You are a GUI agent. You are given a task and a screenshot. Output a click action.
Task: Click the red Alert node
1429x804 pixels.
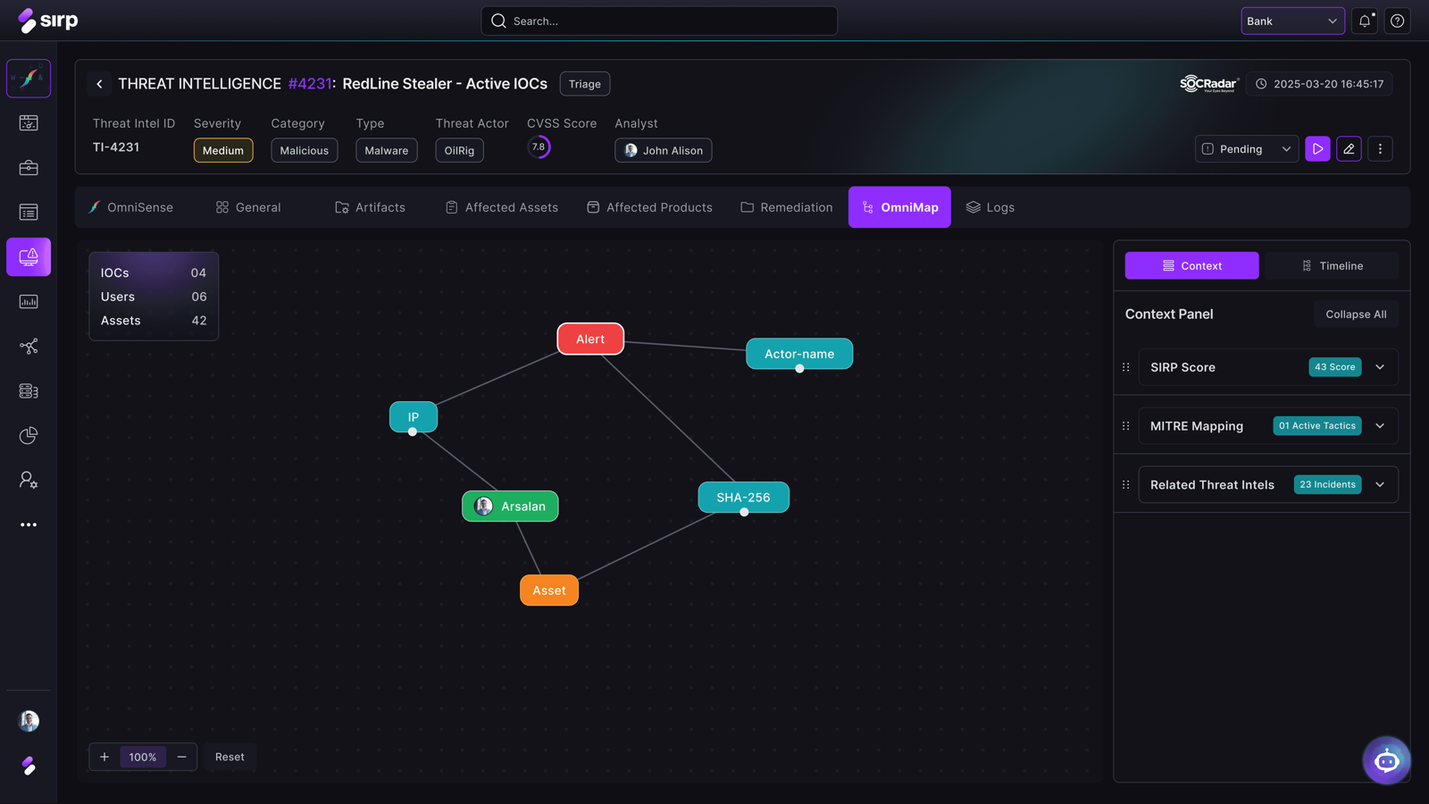pyautogui.click(x=590, y=339)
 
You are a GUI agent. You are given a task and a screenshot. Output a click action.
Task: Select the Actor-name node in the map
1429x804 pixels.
pyautogui.click(x=799, y=354)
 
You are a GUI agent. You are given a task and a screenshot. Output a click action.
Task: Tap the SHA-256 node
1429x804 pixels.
pyautogui.click(x=743, y=497)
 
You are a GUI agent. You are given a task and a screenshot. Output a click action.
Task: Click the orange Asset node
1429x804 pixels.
pyautogui.click(x=549, y=590)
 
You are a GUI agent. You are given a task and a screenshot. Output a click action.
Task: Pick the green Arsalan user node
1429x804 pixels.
pyautogui.click(x=510, y=506)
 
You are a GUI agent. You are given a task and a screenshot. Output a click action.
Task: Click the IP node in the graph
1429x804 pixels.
pyautogui.click(x=414, y=416)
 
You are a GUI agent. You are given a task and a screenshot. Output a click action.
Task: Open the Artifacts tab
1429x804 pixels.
pyautogui.click(x=370, y=207)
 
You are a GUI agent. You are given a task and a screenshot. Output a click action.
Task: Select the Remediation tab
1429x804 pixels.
pyautogui.click(x=787, y=207)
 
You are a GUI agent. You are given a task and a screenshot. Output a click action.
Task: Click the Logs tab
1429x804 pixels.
pyautogui.click(x=990, y=207)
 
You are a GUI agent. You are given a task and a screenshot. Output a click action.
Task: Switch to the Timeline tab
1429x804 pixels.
pyautogui.click(x=1332, y=265)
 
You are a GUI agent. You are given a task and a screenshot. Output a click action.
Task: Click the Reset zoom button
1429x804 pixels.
pyautogui.click(x=230, y=757)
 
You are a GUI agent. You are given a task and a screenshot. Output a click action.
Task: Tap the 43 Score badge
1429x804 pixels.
pyautogui.click(x=1334, y=367)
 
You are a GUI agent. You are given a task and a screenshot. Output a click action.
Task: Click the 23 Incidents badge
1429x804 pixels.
pyautogui.click(x=1327, y=484)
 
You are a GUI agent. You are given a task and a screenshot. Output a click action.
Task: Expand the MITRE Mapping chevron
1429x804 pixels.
pyautogui.click(x=1380, y=425)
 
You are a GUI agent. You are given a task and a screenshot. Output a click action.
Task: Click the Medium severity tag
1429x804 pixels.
pyautogui.click(x=223, y=151)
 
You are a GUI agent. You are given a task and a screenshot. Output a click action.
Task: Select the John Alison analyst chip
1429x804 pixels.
pyautogui.click(x=664, y=151)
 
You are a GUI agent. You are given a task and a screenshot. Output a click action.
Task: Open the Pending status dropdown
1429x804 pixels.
pyautogui.click(x=1247, y=149)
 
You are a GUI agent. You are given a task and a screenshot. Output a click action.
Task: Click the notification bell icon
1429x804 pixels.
pyautogui.click(x=1365, y=21)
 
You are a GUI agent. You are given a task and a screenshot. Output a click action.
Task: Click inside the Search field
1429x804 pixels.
pyautogui.click(x=659, y=21)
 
